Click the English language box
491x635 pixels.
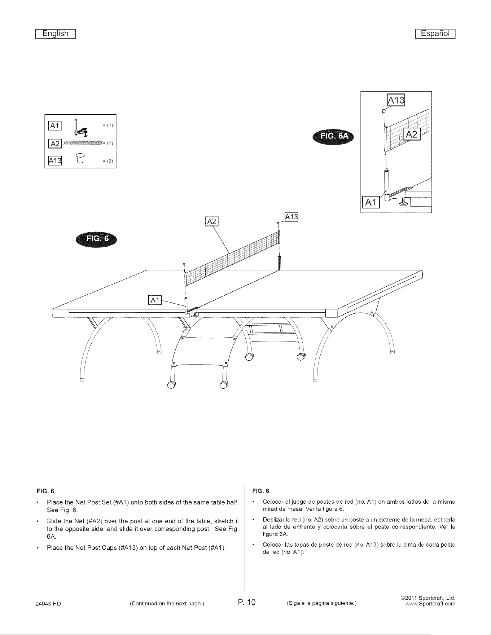coord(55,34)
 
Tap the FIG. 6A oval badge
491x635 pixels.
coord(333,136)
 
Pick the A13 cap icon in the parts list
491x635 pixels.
coord(80,158)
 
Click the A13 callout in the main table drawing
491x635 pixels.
coord(292,216)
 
